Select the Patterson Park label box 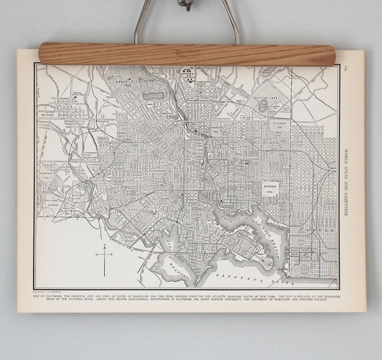click(273, 188)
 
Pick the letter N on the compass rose click(104, 244)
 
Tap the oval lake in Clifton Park click(262, 105)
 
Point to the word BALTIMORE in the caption click(64, 296)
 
